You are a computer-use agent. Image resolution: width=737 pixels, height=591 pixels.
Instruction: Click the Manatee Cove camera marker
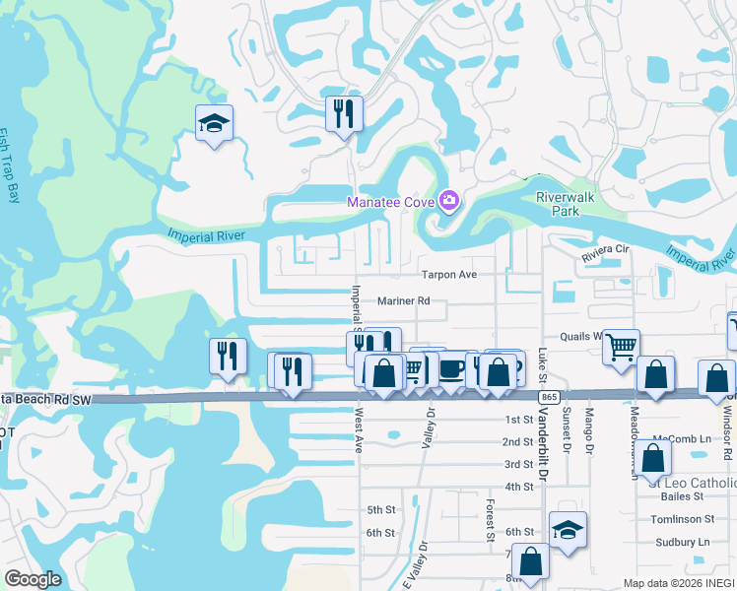tap(449, 202)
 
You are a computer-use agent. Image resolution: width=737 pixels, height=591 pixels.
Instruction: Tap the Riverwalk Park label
tap(565, 204)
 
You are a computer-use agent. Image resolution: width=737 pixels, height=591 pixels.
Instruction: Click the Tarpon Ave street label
tap(449, 275)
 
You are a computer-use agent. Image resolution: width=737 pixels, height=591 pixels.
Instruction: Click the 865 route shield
tap(551, 396)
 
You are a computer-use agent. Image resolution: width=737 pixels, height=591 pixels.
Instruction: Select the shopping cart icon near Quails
tap(621, 346)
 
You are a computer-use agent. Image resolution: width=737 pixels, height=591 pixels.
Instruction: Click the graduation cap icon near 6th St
tap(568, 530)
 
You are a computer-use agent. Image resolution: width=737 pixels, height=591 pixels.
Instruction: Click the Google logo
tap(33, 579)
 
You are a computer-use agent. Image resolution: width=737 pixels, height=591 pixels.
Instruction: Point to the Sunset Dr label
tap(567, 430)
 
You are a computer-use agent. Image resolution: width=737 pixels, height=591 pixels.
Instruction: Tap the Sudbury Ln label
tap(683, 542)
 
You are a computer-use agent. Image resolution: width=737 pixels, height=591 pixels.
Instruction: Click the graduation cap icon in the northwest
tap(214, 123)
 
